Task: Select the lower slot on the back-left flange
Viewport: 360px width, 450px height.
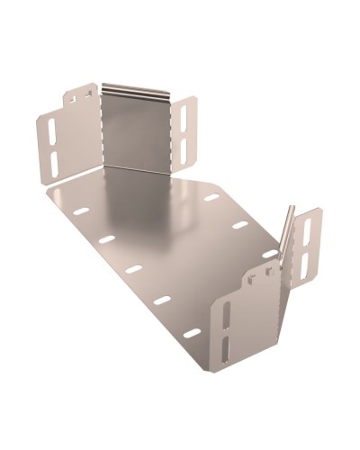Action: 52,162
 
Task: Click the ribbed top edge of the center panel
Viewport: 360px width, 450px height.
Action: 135,90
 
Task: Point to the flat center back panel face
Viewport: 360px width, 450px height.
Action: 135,130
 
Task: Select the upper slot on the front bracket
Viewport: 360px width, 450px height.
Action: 227,315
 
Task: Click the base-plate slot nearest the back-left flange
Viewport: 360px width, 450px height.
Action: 81,211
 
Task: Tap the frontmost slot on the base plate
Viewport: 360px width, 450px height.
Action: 192,333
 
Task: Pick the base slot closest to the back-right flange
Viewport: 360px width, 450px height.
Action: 210,196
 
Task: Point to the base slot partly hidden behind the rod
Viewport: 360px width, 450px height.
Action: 271,253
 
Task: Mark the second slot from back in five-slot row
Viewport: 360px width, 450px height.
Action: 107,239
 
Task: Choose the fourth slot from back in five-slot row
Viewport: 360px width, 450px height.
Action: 162,300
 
